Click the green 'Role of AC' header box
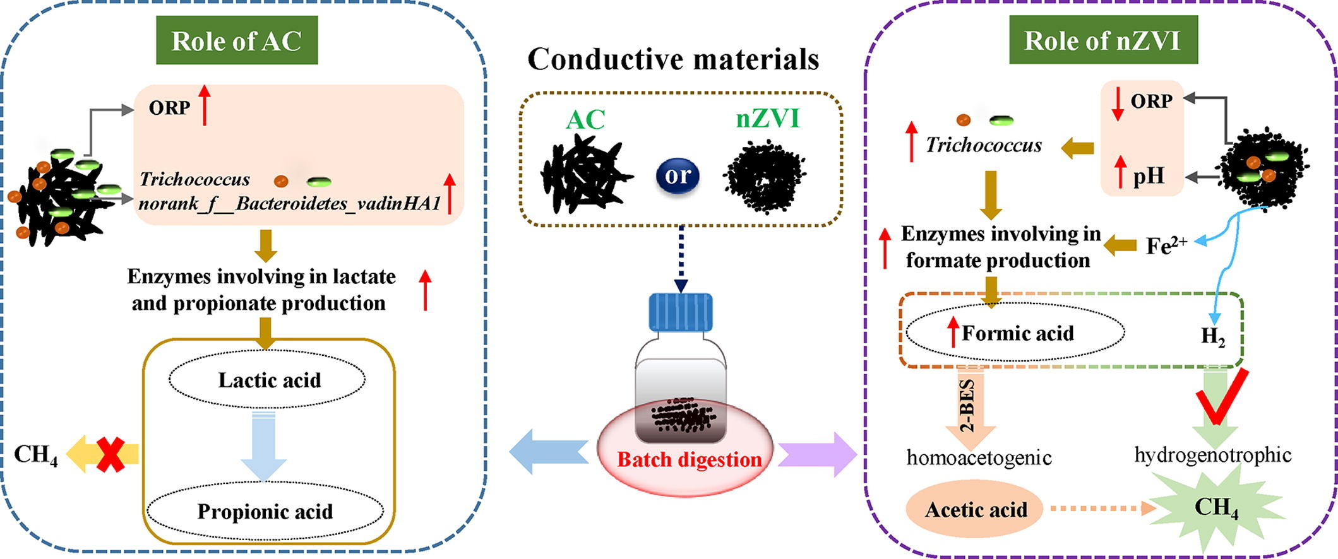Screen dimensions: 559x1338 [237, 40]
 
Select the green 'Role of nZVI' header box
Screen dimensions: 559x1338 [1102, 40]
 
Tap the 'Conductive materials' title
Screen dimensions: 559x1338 [673, 59]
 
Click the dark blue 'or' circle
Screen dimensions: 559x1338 [678, 175]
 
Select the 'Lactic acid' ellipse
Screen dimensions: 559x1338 [267, 380]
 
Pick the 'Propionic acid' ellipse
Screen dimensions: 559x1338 [265, 511]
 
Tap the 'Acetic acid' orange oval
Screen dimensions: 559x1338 [976, 509]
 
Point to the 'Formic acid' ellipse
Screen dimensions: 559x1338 [1015, 332]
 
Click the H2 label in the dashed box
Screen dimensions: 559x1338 [1213, 336]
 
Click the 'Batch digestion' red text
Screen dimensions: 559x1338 [689, 459]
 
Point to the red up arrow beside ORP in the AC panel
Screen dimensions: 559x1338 [205, 105]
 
